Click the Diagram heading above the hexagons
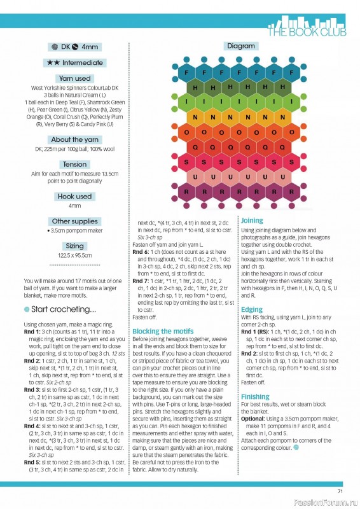[240, 46]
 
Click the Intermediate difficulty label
[74, 62]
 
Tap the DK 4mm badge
[74, 46]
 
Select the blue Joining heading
[251, 221]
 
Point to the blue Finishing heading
[254, 396]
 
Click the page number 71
[340, 491]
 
